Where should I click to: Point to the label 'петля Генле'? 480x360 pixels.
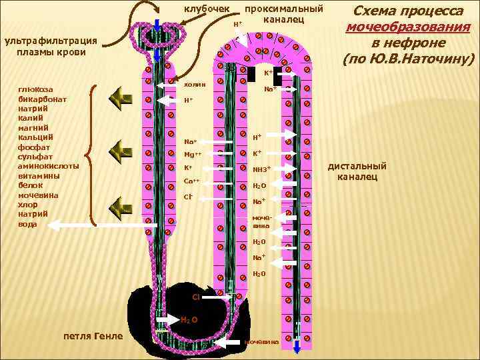93,335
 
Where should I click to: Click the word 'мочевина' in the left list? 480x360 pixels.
39,195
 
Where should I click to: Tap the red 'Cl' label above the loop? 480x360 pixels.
196,296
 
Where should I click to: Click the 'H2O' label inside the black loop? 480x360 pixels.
189,320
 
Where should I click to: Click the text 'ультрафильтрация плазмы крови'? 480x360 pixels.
51,46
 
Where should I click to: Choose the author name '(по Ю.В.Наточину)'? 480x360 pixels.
409,59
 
